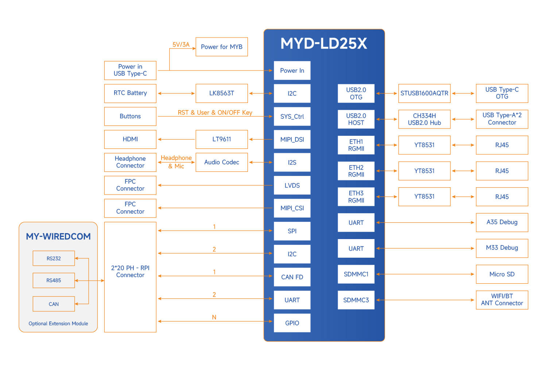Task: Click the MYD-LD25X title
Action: (323, 43)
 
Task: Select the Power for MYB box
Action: (222, 47)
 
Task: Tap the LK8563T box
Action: (222, 93)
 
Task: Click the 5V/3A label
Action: (181, 45)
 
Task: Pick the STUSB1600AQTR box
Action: (424, 93)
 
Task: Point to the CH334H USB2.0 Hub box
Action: (424, 119)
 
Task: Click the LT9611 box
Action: (222, 139)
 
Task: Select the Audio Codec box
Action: (222, 162)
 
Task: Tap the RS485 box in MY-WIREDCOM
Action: (54, 281)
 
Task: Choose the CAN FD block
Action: (292, 277)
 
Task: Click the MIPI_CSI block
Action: (292, 208)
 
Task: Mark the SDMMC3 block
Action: (356, 300)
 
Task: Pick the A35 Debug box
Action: (502, 222)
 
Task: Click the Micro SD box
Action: (502, 274)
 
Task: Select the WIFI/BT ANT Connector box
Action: (502, 300)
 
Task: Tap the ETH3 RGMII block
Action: (356, 197)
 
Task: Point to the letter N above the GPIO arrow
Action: (214, 317)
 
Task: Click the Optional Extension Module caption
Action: (58, 323)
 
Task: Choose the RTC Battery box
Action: (130, 93)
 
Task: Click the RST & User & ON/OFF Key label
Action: (215, 112)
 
